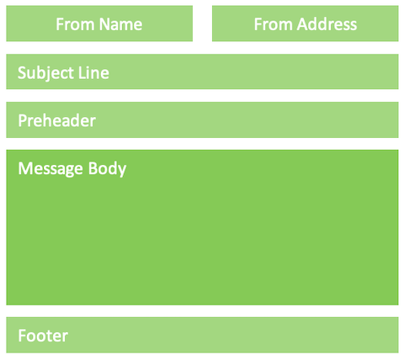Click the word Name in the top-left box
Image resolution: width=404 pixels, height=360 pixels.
click(120, 24)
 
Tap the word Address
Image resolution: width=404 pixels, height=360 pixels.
click(327, 24)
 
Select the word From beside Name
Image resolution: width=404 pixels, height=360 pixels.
click(75, 24)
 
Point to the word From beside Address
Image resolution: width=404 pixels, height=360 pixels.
click(274, 24)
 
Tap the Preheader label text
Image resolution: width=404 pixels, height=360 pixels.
click(57, 121)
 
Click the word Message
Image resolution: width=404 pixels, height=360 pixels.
click(50, 169)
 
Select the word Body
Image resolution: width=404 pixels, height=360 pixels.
click(107, 169)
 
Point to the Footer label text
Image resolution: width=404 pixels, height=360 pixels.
click(43, 336)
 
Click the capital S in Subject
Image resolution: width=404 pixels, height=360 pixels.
click(22, 73)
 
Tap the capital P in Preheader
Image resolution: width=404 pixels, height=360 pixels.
click(23, 121)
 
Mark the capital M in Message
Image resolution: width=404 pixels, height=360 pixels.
click(24, 168)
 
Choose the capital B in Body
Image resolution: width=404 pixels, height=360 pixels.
click(93, 168)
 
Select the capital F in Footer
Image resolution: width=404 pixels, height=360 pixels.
click(22, 336)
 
